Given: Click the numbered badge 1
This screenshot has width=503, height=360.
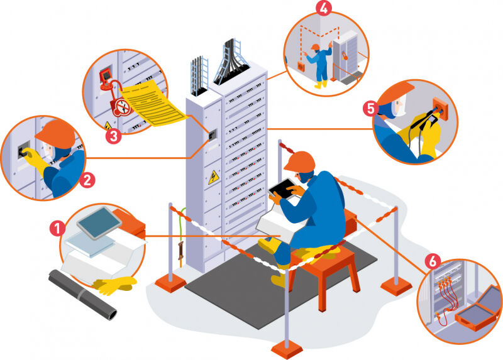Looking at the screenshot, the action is (x=57, y=228).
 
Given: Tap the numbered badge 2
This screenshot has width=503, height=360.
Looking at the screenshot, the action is (x=87, y=180).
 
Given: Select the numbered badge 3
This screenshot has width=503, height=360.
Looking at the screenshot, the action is (x=114, y=136).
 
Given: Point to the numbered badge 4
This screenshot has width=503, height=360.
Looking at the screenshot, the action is (x=324, y=8).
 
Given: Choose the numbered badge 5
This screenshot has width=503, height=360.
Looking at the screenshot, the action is (x=370, y=108).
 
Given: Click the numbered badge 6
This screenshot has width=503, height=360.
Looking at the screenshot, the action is (x=433, y=261).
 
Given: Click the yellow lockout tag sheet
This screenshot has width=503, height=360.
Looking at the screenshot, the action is (x=153, y=103).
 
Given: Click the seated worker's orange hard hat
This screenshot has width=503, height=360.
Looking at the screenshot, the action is (x=299, y=161).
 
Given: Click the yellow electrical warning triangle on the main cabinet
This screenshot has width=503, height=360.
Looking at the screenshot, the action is (x=213, y=177).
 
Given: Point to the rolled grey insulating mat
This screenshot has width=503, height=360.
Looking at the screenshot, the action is (x=82, y=294).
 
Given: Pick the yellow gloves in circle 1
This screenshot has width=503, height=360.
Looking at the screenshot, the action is (x=114, y=285).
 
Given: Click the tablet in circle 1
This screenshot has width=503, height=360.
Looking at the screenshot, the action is (x=99, y=223).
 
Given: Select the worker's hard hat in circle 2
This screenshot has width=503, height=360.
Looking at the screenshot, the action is (x=57, y=134).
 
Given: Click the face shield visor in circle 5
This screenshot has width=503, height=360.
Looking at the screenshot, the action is (x=400, y=104).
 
